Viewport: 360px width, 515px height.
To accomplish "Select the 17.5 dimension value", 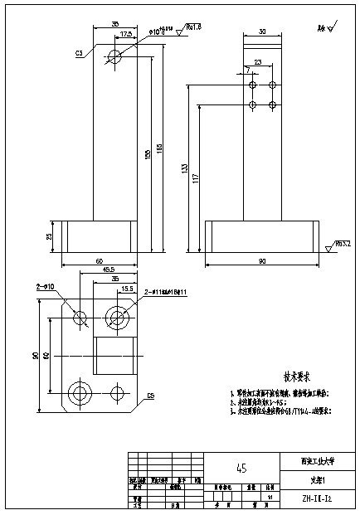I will coord(126,35).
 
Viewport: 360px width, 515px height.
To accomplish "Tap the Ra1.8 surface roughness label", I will coord(193,27).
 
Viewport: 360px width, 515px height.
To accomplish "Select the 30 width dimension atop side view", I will coord(262,32).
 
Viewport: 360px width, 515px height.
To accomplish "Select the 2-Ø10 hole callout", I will coord(45,286).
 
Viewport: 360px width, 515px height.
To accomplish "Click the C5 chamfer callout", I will coord(150,395).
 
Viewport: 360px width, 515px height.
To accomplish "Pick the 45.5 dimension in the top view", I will coord(108,270).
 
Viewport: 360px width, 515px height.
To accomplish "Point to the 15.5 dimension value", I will coord(127,289).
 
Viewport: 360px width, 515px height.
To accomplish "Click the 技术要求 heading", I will coord(274,376).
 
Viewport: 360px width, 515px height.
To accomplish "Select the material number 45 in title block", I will coord(241,468).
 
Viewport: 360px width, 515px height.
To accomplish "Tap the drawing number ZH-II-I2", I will coord(318,499).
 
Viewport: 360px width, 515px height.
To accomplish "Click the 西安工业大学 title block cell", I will coord(318,461).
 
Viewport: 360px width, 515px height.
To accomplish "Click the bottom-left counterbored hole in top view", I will coord(80,392).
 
